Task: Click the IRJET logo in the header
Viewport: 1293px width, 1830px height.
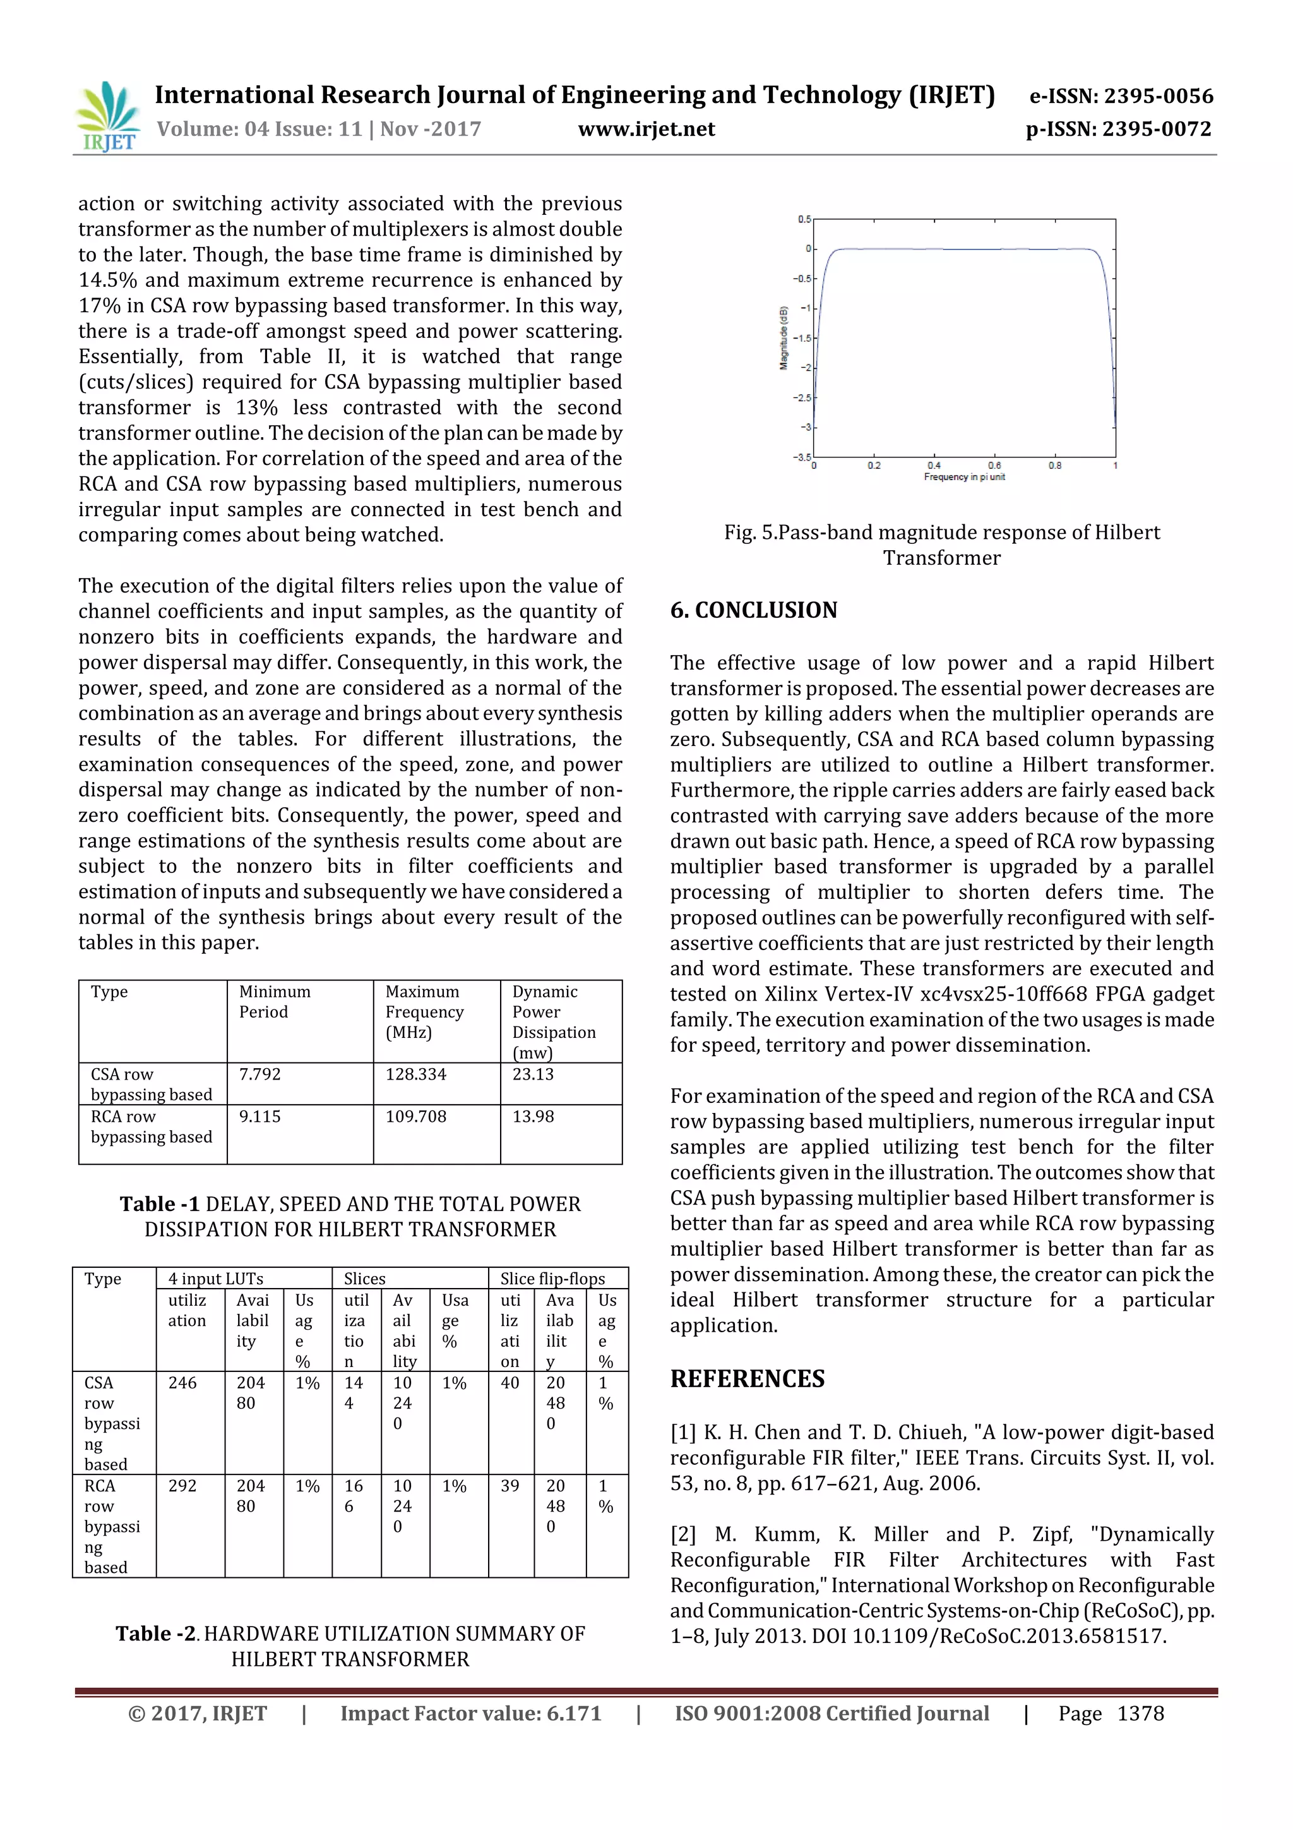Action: tap(107, 116)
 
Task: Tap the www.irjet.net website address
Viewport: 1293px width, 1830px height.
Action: tap(646, 129)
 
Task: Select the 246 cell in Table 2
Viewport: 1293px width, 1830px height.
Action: tap(182, 1383)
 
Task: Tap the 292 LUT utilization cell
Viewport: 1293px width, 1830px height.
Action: tap(182, 1486)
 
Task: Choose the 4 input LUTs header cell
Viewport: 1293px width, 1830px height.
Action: tap(215, 1279)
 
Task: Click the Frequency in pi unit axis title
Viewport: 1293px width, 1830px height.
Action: tap(964, 477)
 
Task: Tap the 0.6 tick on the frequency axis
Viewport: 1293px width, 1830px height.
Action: tap(994, 465)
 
